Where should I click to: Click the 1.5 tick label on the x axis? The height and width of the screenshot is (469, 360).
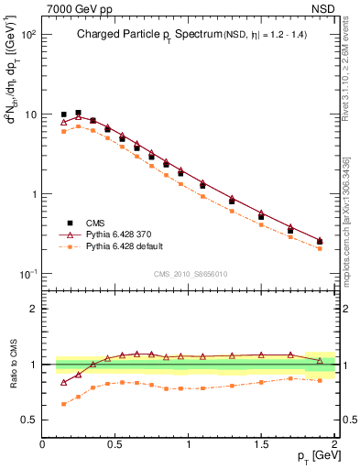(261, 444)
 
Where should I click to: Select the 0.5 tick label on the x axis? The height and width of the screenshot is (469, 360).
(115, 444)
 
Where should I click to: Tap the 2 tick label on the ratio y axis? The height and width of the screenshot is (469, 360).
(32, 309)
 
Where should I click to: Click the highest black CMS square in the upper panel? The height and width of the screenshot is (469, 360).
(78, 113)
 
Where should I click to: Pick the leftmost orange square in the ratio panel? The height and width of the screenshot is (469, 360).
(63, 404)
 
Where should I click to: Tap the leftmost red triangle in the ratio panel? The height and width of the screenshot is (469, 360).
(63, 382)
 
